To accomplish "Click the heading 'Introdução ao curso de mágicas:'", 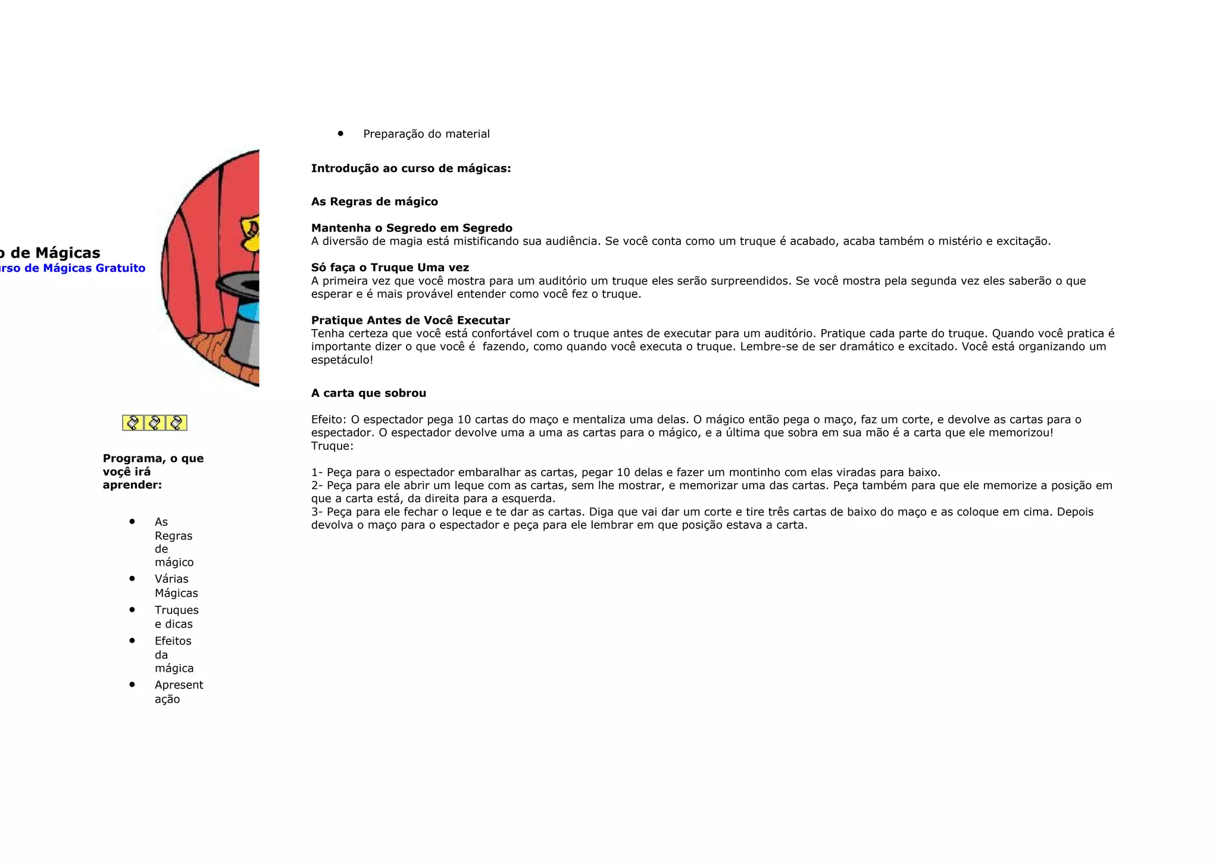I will (411, 168).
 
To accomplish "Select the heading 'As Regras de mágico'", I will (374, 202).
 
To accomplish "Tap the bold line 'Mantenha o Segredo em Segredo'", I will (411, 228).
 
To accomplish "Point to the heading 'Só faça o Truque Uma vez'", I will (390, 268).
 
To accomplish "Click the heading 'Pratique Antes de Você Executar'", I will (410, 320).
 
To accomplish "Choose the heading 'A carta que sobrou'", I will (368, 393).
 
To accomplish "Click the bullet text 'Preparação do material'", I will (426, 134).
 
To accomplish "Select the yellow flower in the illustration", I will (251, 234).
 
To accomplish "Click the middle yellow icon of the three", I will (155, 423).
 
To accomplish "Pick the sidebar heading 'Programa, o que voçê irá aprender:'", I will (153, 471).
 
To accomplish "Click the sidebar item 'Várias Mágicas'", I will (176, 586).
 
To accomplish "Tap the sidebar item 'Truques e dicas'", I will (176, 617).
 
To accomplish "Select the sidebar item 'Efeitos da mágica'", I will (174, 655).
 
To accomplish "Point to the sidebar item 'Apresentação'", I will (179, 692).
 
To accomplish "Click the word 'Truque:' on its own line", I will (332, 446).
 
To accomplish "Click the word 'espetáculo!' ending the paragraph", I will (342, 360).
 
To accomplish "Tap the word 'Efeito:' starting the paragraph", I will (329, 420).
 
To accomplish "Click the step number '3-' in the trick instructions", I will (317, 512).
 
